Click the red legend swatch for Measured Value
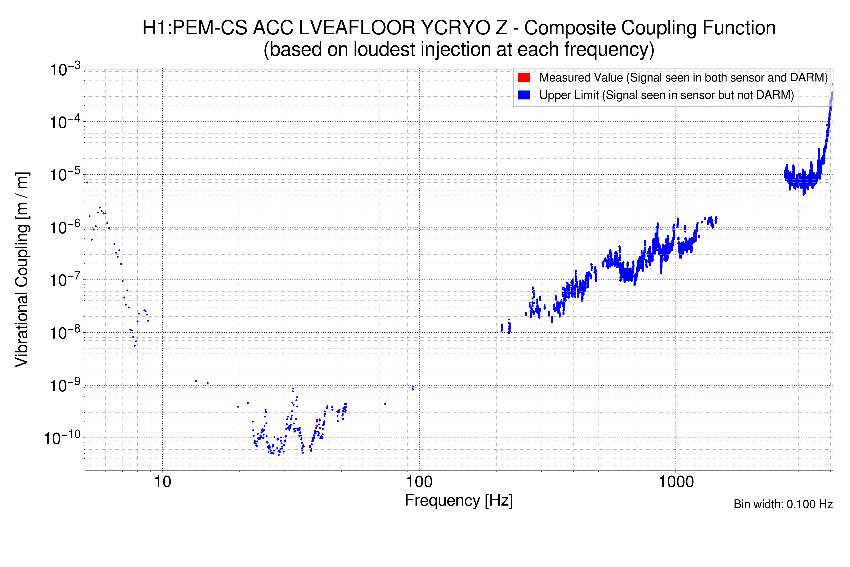coord(524,78)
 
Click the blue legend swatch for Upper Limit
coord(524,95)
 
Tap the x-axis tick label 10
coord(162,482)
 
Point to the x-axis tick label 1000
coord(676,482)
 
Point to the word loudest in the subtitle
coord(384,50)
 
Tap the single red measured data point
coord(317,426)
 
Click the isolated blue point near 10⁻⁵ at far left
coord(87,183)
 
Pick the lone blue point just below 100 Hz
coord(413,388)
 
